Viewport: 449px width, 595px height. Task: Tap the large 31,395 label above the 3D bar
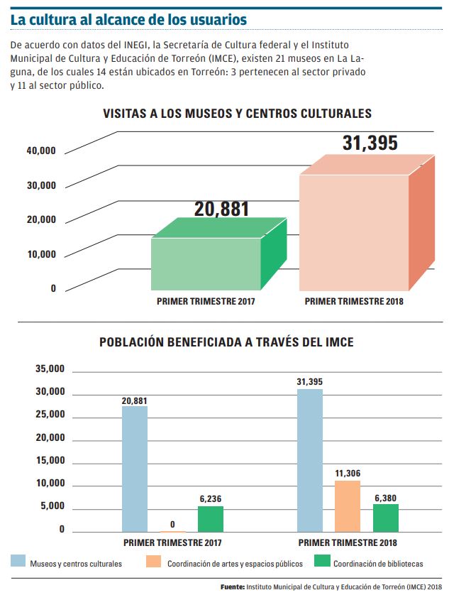coord(370,143)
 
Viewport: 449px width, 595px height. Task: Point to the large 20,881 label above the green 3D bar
coord(221,209)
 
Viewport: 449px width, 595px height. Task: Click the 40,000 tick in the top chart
coord(41,151)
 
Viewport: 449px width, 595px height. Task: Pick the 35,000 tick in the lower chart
coord(50,369)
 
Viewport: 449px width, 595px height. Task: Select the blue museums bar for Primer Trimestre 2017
coord(135,469)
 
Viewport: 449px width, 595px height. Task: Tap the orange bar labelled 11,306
coord(348,506)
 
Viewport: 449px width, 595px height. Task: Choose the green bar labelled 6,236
coord(211,519)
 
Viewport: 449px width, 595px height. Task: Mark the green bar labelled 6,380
coord(385,518)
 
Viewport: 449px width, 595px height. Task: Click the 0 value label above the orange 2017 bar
coord(172,525)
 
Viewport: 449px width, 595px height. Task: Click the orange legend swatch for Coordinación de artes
coord(154,562)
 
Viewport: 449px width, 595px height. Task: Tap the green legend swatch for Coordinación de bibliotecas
coord(322,562)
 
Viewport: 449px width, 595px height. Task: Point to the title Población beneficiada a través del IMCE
coord(226,342)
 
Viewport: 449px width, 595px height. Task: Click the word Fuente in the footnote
coord(233,587)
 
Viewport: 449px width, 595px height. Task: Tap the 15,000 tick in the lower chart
coord(50,461)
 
